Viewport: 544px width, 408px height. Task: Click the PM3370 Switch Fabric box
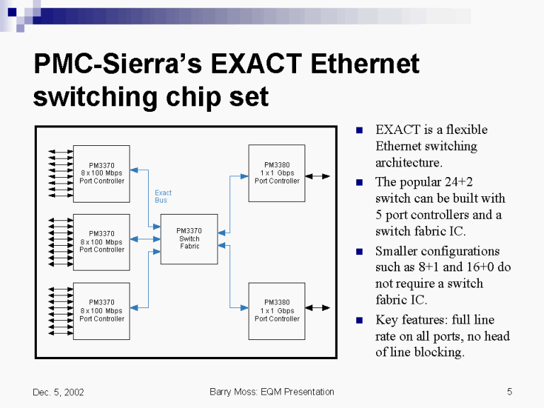tap(189, 239)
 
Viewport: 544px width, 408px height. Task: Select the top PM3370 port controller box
tap(101, 174)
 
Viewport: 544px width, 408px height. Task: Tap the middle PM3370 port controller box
tap(101, 242)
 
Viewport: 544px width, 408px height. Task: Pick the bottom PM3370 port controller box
tap(101, 310)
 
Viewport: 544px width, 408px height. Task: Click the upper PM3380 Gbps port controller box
tap(277, 174)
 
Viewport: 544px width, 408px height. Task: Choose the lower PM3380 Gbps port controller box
tap(277, 310)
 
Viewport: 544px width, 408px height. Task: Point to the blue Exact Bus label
tap(163, 196)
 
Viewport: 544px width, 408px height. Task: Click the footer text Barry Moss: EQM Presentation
tap(272, 392)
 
